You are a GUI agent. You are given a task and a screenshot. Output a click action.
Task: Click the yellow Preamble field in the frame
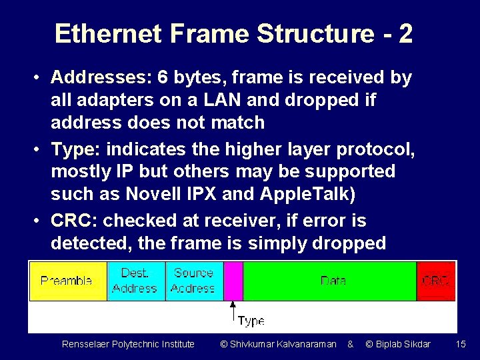(67, 281)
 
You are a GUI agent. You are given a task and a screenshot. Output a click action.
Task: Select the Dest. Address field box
(135, 281)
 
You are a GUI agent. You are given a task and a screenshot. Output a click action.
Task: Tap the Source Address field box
(193, 281)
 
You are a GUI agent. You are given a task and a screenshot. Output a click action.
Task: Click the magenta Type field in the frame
(233, 281)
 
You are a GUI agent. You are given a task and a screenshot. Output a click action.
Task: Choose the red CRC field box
(436, 281)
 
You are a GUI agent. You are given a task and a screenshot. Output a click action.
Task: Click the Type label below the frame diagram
(251, 321)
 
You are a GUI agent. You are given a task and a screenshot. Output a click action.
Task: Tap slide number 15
(461, 344)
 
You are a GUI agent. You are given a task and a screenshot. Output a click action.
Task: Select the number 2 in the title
(405, 33)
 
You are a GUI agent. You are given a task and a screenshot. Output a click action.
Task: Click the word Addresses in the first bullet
(99, 78)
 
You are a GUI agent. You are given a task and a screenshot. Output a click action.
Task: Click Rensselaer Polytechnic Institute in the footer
(128, 344)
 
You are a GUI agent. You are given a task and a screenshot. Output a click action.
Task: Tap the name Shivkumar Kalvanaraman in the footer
(283, 344)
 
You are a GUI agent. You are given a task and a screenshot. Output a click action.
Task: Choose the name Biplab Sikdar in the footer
(403, 344)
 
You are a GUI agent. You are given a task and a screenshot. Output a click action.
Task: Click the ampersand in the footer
(350, 344)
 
